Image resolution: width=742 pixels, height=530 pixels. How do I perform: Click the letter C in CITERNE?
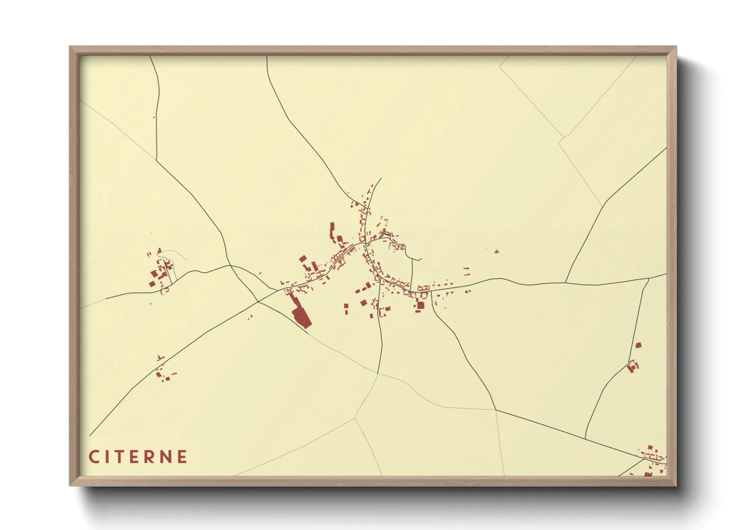(94, 457)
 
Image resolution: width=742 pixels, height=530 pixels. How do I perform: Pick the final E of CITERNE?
(182, 457)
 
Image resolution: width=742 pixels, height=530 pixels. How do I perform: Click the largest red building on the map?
(301, 317)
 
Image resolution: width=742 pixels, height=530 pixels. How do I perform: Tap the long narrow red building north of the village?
(331, 232)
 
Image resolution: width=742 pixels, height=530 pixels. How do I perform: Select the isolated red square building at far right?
(638, 345)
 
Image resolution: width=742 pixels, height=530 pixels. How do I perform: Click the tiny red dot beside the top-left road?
(154, 118)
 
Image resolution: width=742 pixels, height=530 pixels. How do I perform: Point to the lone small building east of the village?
(496, 251)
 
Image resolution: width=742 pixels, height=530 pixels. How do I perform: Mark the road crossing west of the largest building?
(258, 302)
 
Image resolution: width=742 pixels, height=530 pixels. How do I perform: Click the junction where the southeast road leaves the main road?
(431, 291)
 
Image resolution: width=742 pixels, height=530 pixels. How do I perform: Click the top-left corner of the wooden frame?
(70, 47)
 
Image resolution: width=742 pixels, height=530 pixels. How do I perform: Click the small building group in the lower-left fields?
(163, 373)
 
